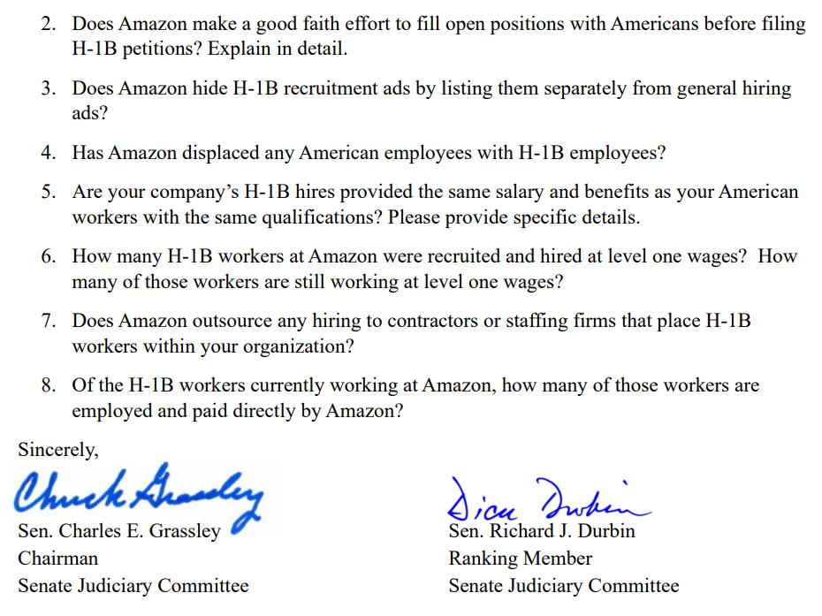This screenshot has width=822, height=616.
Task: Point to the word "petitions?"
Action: [x=165, y=49]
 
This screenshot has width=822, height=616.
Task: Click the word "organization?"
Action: [x=297, y=346]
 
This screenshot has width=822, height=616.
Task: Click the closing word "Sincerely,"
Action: [x=58, y=450]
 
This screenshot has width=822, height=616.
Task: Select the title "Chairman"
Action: [x=58, y=559]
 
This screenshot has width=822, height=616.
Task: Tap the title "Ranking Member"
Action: [x=520, y=559]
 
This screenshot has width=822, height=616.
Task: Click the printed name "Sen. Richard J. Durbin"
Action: [x=541, y=531]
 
